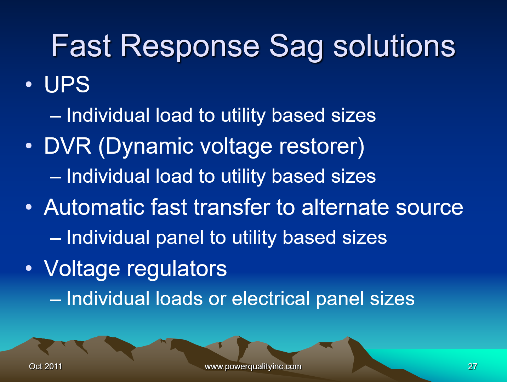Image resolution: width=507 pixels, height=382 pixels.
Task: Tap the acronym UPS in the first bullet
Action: pyautogui.click(x=67, y=85)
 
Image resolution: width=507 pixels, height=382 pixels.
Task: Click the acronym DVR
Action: pyautogui.click(x=68, y=146)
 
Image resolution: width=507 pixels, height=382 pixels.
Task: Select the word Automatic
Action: pyautogui.click(x=94, y=207)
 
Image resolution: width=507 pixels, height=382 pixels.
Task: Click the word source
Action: pyautogui.click(x=429, y=207)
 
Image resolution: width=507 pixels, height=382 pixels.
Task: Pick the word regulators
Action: pyautogui.click(x=177, y=269)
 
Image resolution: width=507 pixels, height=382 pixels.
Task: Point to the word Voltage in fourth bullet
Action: pyautogui.click(x=82, y=269)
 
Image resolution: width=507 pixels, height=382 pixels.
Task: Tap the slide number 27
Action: pyautogui.click(x=473, y=366)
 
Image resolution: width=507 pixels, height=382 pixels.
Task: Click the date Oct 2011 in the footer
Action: pyautogui.click(x=45, y=366)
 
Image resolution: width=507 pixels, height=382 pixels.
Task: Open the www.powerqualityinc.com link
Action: pyautogui.click(x=253, y=366)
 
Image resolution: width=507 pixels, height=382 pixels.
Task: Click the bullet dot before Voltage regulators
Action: pyautogui.click(x=29, y=268)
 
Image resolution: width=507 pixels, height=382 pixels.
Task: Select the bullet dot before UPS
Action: pyautogui.click(x=29, y=85)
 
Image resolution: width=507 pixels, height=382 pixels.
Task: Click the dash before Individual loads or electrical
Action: pyautogui.click(x=56, y=299)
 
